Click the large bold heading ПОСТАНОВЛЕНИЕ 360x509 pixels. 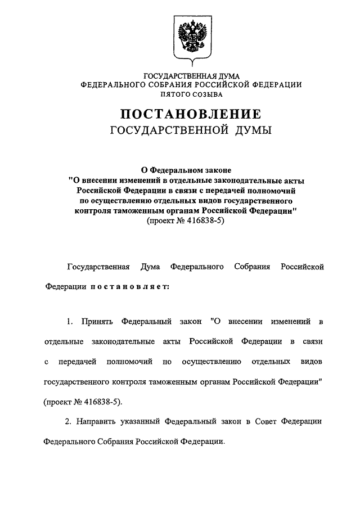(190, 115)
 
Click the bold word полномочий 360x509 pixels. (271, 191)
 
